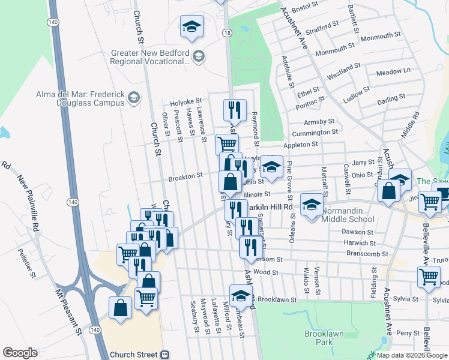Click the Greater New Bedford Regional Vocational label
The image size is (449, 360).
pyautogui.click(x=150, y=57)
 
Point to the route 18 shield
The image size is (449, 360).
pyautogui.click(x=226, y=33)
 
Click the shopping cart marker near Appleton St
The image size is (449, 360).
pyautogui.click(x=227, y=145)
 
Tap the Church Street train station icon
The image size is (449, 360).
pyautogui.click(x=163, y=355)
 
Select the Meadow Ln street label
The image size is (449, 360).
pyautogui.click(x=393, y=71)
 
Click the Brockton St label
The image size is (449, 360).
pyautogui.click(x=185, y=177)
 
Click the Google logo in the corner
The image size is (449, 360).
pyautogui.click(x=20, y=353)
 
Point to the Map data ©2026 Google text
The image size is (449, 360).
pyautogui.click(x=411, y=355)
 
